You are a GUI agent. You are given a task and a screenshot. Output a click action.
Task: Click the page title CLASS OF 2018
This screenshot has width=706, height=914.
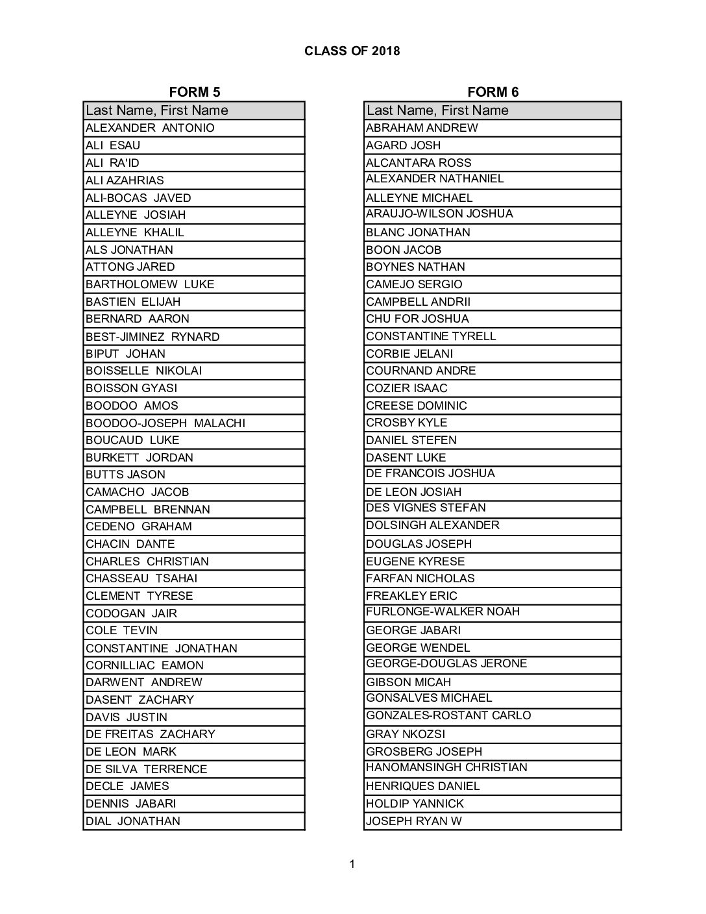click(x=352, y=51)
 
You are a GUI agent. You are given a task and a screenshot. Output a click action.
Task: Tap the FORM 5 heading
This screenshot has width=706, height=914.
click(x=189, y=92)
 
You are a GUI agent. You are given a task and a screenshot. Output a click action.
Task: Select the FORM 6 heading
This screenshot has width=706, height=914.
click(x=493, y=92)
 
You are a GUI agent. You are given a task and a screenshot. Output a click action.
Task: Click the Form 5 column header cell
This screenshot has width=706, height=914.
click(x=193, y=110)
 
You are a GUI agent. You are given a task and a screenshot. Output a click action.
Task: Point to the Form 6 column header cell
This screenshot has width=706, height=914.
click(x=492, y=110)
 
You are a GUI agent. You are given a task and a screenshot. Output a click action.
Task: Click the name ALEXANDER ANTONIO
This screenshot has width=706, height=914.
click(x=150, y=128)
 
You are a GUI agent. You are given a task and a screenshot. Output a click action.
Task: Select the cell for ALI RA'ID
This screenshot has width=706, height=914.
click(x=112, y=163)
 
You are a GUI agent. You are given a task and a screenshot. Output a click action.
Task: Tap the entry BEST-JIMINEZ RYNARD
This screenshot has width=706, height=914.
click(x=152, y=336)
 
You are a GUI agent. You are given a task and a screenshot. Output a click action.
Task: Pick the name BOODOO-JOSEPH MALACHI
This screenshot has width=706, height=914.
click(x=165, y=423)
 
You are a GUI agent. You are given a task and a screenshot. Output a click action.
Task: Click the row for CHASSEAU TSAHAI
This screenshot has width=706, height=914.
click(x=141, y=578)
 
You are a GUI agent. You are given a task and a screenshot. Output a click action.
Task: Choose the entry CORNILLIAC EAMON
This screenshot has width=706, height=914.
click(x=145, y=665)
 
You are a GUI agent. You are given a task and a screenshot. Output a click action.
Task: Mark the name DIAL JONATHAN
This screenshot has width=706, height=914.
click(x=133, y=821)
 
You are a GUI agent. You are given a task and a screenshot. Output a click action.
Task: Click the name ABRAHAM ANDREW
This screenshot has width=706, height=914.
click(x=422, y=128)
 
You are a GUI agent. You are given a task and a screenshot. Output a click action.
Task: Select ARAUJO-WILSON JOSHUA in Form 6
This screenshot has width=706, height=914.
click(x=439, y=214)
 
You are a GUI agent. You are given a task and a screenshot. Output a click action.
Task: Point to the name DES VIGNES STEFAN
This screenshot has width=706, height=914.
click(x=426, y=508)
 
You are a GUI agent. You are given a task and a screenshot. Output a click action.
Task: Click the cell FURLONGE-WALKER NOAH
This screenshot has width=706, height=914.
click(x=443, y=611)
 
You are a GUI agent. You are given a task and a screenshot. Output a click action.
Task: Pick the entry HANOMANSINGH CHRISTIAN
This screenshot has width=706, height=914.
click(x=446, y=767)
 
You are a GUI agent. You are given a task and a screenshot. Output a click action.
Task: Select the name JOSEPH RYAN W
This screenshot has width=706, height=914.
click(x=414, y=821)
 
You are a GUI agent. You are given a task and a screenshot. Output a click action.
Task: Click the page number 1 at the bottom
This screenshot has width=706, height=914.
click(x=352, y=863)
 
